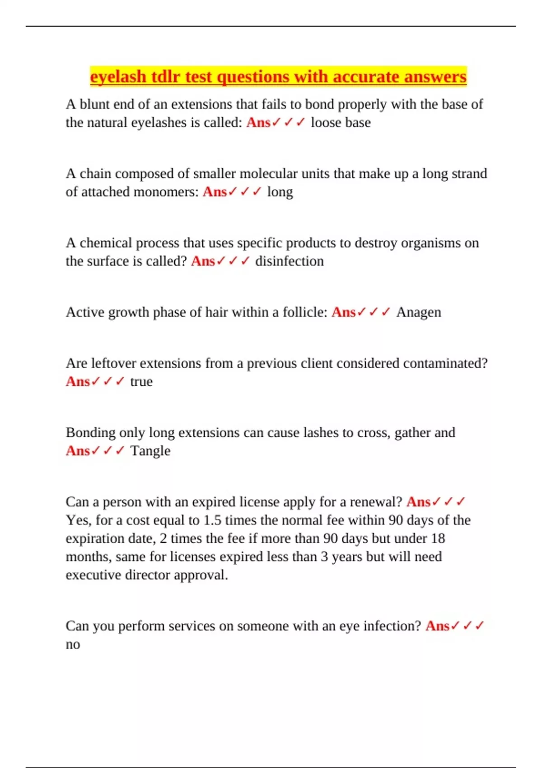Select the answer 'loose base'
click(x=341, y=122)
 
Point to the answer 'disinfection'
click(x=290, y=261)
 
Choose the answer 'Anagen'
click(x=418, y=312)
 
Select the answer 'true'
click(x=141, y=381)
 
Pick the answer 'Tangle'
click(x=150, y=451)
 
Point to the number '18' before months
click(x=438, y=538)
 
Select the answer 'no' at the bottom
click(x=73, y=644)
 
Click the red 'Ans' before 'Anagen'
click(x=343, y=312)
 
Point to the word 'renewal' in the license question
click(x=374, y=502)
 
